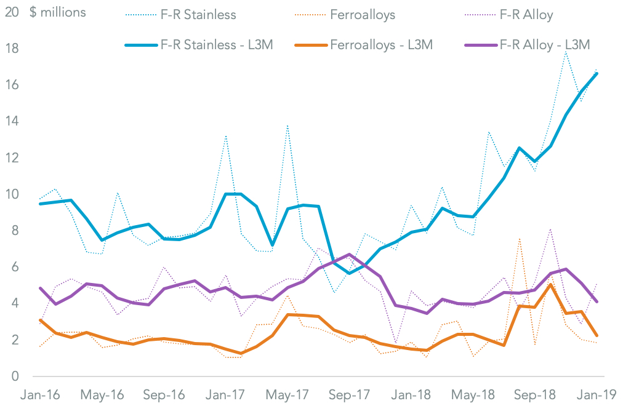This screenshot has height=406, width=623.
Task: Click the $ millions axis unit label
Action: (58, 12)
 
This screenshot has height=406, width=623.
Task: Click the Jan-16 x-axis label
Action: (41, 394)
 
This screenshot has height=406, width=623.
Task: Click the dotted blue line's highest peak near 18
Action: (566, 51)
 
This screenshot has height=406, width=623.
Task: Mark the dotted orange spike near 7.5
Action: (520, 239)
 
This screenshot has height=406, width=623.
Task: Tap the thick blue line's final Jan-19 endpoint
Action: (597, 73)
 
